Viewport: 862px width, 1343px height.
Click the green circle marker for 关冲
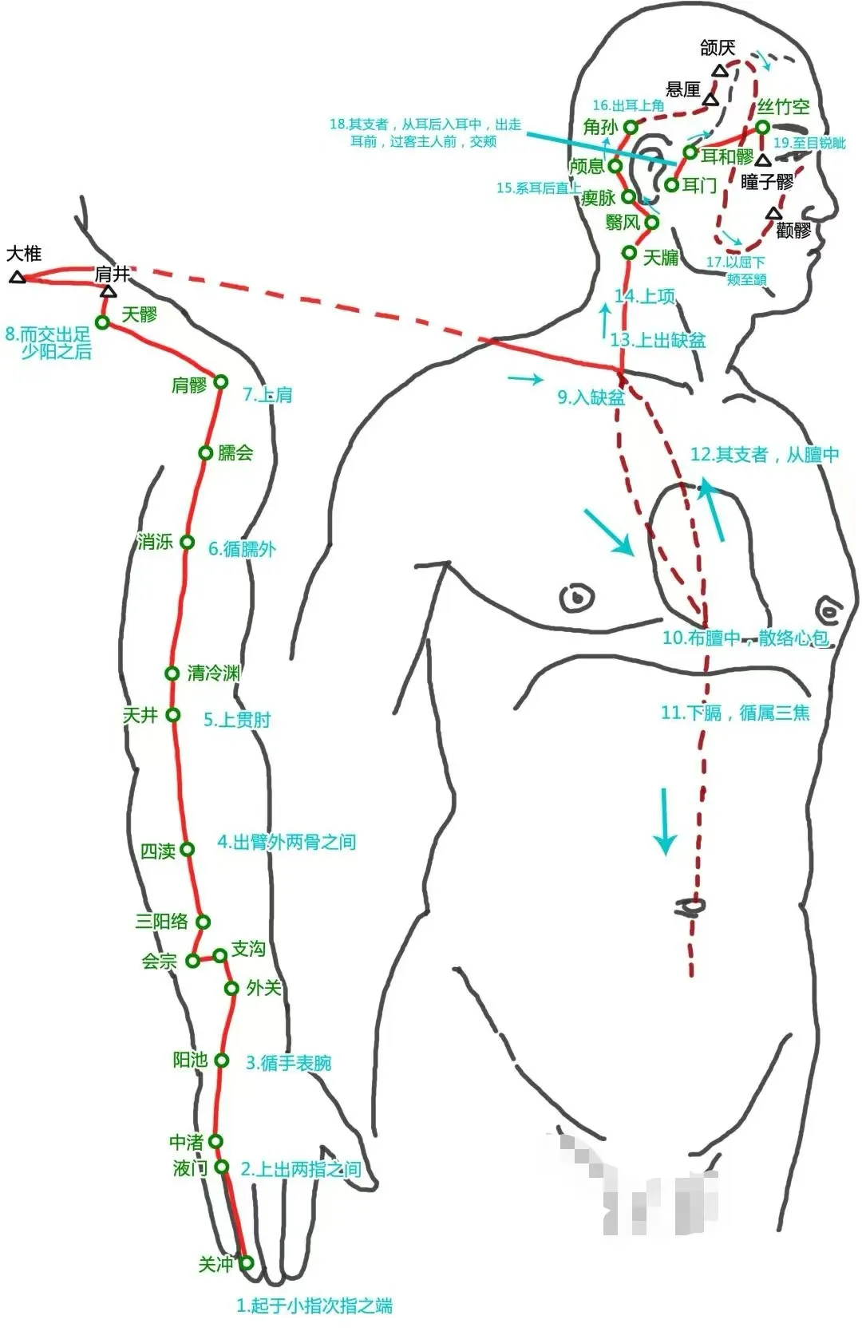coord(247,1262)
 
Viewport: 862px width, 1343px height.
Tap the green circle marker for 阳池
coord(222,1061)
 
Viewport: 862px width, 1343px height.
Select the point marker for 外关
coord(231,989)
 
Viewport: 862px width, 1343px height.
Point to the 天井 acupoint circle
coord(173,715)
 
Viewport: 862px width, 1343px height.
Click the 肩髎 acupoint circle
coord(221,382)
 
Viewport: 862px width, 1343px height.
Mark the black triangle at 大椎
coord(18,277)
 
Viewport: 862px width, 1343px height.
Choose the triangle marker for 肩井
coord(109,291)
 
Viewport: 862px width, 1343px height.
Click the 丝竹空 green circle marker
coord(763,128)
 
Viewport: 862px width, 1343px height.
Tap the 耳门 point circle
coord(672,185)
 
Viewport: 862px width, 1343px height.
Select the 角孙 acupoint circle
coord(631,127)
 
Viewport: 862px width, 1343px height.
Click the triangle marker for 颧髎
coord(773,213)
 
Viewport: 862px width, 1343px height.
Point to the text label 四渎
coord(157,851)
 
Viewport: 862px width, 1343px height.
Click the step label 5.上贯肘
coord(237,720)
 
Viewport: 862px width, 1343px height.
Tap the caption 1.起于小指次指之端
coord(314,1305)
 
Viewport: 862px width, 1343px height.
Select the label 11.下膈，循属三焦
coord(735,713)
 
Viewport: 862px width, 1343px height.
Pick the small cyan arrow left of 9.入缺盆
coord(525,379)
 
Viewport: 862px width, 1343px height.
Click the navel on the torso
coord(690,906)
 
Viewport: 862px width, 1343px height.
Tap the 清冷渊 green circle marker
coord(172,673)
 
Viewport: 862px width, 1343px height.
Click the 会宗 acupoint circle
coord(193,961)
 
